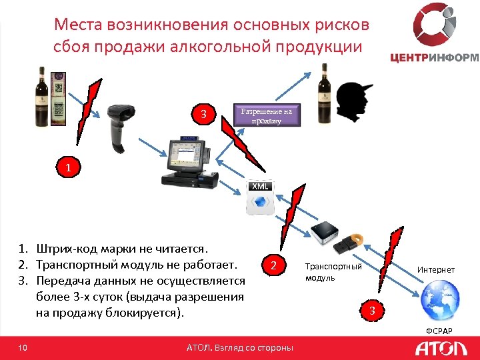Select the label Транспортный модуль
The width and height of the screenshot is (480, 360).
pyautogui.click(x=333, y=271)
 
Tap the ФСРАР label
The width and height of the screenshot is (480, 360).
pyautogui.click(x=439, y=331)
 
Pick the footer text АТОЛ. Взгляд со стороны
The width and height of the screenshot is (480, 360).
pyautogui.click(x=239, y=347)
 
